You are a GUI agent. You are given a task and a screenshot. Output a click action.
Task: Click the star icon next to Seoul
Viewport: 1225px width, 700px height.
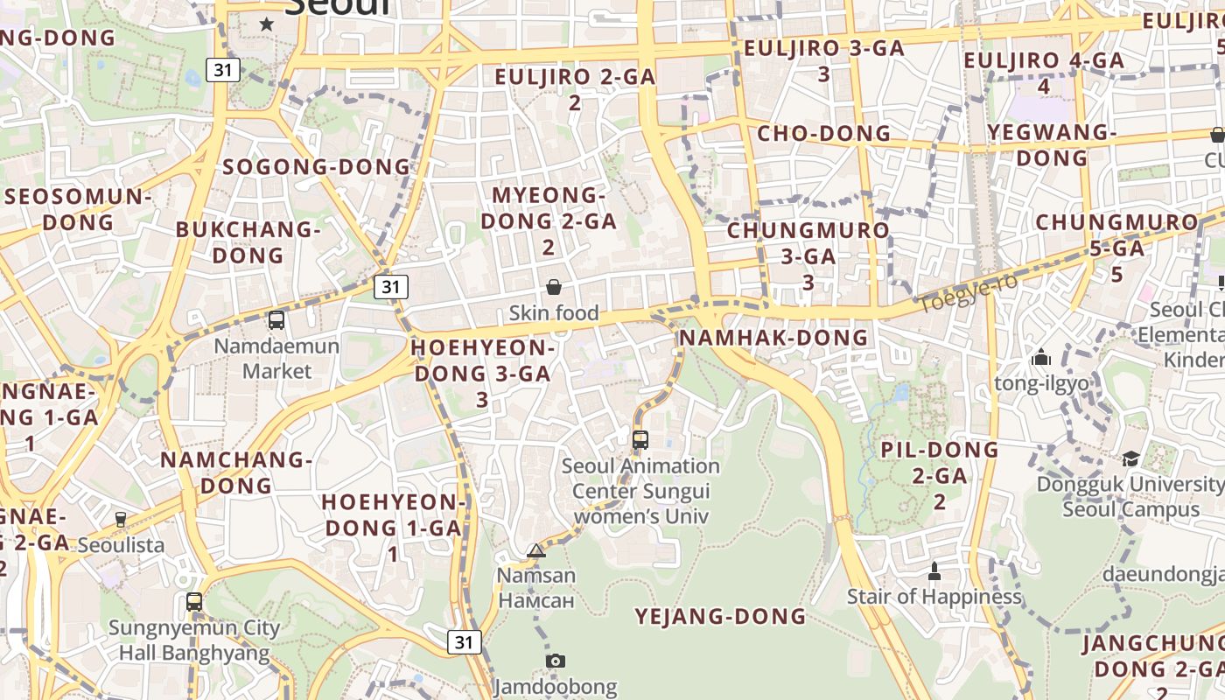[x=267, y=24]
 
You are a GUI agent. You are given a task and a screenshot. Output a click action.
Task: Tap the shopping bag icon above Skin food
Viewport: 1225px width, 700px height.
[x=554, y=287]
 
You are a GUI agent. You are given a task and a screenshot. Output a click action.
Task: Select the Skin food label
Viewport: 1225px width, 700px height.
[x=554, y=313]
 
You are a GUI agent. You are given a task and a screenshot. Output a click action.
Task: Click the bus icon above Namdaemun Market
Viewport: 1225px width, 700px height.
[x=276, y=320]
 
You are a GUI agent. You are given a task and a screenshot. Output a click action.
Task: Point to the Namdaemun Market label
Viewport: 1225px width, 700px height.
[x=276, y=358]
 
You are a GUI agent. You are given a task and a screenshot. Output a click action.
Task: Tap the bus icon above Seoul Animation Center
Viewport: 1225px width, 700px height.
[x=640, y=440]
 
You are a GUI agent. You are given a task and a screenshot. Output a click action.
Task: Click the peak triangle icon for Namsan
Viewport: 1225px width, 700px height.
[x=536, y=550]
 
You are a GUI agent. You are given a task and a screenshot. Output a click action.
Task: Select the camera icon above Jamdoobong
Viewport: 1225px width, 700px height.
[x=556, y=661]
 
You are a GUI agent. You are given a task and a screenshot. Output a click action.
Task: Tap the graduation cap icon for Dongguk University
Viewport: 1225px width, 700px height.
[x=1130, y=459]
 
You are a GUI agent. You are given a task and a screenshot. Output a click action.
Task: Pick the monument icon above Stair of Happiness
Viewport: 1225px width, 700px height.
[x=934, y=571]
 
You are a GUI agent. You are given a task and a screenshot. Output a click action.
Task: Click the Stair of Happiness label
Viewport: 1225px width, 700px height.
[x=934, y=597]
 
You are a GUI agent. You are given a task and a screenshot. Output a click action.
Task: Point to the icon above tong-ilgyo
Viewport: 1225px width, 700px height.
[x=1041, y=357]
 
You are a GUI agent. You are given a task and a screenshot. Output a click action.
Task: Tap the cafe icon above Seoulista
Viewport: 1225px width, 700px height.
[x=121, y=520]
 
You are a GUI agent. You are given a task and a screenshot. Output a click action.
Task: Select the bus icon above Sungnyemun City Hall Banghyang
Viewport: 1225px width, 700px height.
[x=194, y=602]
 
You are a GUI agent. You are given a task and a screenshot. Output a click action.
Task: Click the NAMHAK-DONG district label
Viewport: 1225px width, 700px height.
[x=773, y=338]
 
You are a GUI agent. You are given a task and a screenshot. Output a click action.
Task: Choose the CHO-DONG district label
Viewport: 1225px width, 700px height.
[x=823, y=134]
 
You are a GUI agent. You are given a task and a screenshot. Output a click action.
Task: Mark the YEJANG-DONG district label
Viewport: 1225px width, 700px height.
[x=720, y=617]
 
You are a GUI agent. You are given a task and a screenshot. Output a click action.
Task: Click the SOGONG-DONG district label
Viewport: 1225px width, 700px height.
[x=316, y=167]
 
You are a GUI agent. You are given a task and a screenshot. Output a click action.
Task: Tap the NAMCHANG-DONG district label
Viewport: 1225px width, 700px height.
[x=236, y=472]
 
